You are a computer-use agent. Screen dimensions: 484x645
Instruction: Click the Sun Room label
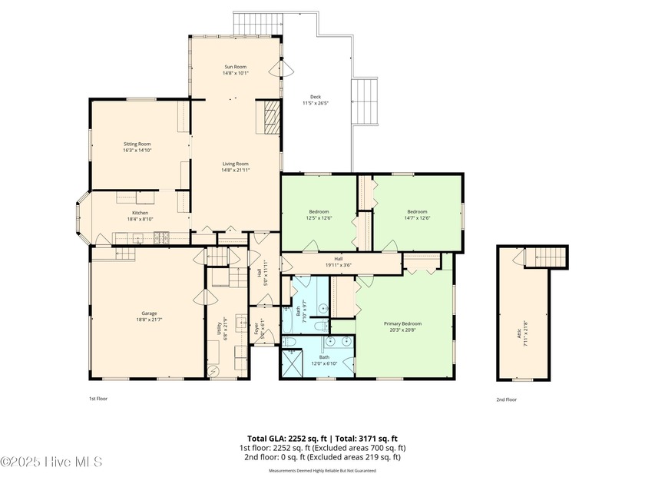(x=235, y=68)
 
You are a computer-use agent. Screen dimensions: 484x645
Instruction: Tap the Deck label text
(x=315, y=97)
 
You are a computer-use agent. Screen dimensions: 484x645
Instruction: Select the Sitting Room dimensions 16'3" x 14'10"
(x=137, y=151)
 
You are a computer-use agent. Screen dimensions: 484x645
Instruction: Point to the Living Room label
(x=235, y=164)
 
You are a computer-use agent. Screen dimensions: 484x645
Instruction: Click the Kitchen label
(x=140, y=213)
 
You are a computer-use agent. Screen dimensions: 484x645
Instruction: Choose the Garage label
(x=149, y=313)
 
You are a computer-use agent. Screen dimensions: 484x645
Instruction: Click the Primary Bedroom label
(x=403, y=323)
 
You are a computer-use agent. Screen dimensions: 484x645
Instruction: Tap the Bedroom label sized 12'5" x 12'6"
(x=319, y=212)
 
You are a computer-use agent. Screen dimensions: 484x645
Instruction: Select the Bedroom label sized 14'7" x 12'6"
(x=417, y=212)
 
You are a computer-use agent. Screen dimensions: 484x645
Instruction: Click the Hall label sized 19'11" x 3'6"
(x=338, y=260)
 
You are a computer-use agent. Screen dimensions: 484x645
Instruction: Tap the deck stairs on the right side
(x=365, y=103)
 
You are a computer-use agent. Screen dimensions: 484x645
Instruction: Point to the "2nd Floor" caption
(x=506, y=399)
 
